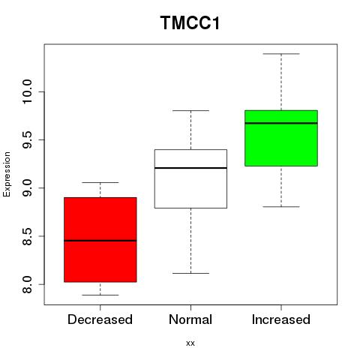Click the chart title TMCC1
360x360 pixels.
click(190, 22)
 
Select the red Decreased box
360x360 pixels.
click(100, 240)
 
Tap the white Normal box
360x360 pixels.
click(190, 178)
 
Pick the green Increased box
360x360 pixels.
click(281, 138)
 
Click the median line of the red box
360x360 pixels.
click(100, 241)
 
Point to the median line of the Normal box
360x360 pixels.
click(190, 168)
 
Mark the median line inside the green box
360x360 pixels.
click(281, 123)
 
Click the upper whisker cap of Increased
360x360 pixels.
click(281, 54)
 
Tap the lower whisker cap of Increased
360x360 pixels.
click(281, 207)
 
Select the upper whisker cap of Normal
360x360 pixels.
click(190, 110)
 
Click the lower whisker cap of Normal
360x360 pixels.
click(190, 273)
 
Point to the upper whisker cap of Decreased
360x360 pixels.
click(100, 182)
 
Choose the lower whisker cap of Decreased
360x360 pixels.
click(100, 295)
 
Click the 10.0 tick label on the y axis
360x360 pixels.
click(27, 91)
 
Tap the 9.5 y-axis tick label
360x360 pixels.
click(27, 140)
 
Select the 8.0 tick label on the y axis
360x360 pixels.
click(27, 284)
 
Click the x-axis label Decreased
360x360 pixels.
click(100, 319)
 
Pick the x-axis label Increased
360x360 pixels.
click(281, 319)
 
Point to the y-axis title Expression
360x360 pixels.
click(7, 175)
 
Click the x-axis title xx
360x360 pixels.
click(190, 343)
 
